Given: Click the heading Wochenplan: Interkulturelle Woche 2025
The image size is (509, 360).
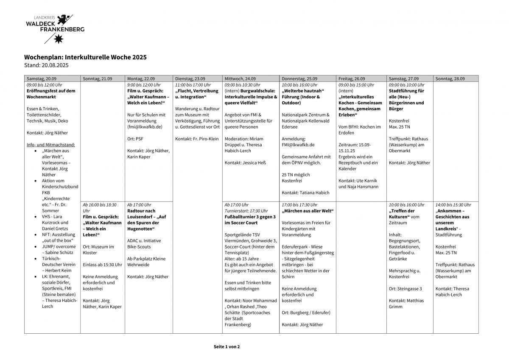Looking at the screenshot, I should coord(85,57).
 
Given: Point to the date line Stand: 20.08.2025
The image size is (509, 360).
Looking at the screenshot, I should coord(46,65).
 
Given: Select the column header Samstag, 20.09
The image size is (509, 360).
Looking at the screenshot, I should coord(42,79).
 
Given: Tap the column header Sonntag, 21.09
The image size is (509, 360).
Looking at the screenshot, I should coord(98,79).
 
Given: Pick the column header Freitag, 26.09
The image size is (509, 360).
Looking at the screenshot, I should coord(352,79).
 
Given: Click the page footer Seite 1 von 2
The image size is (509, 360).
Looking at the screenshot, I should coord(227,346).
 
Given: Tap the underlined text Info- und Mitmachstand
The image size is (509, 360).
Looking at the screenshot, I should coord(50,145).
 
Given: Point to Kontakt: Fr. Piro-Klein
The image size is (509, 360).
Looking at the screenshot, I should coord(197,139).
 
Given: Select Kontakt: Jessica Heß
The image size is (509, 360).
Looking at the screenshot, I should coord(245,163).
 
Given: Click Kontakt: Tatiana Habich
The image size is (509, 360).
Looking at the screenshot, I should coord(305,193).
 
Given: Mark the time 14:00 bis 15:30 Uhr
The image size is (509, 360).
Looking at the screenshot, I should coord(453,205).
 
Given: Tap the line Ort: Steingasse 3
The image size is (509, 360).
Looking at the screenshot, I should coord(406,289).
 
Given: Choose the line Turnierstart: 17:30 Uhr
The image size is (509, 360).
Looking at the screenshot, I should coord(246,211).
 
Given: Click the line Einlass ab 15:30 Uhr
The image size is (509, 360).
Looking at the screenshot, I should coord(102,265).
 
